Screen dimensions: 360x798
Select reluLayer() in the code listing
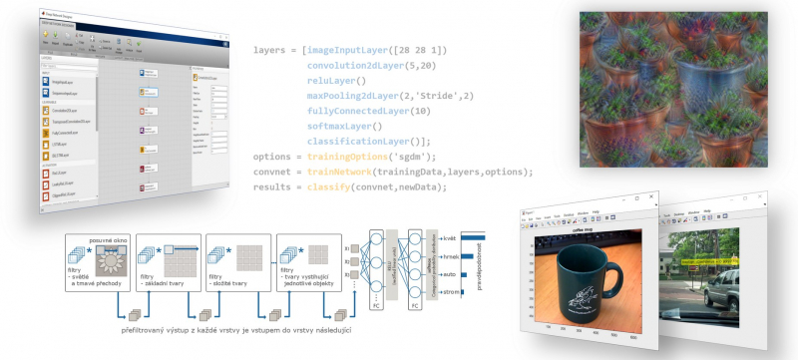point(337,80)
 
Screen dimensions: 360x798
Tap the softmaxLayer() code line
point(344,126)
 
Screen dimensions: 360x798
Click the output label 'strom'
point(451,291)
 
